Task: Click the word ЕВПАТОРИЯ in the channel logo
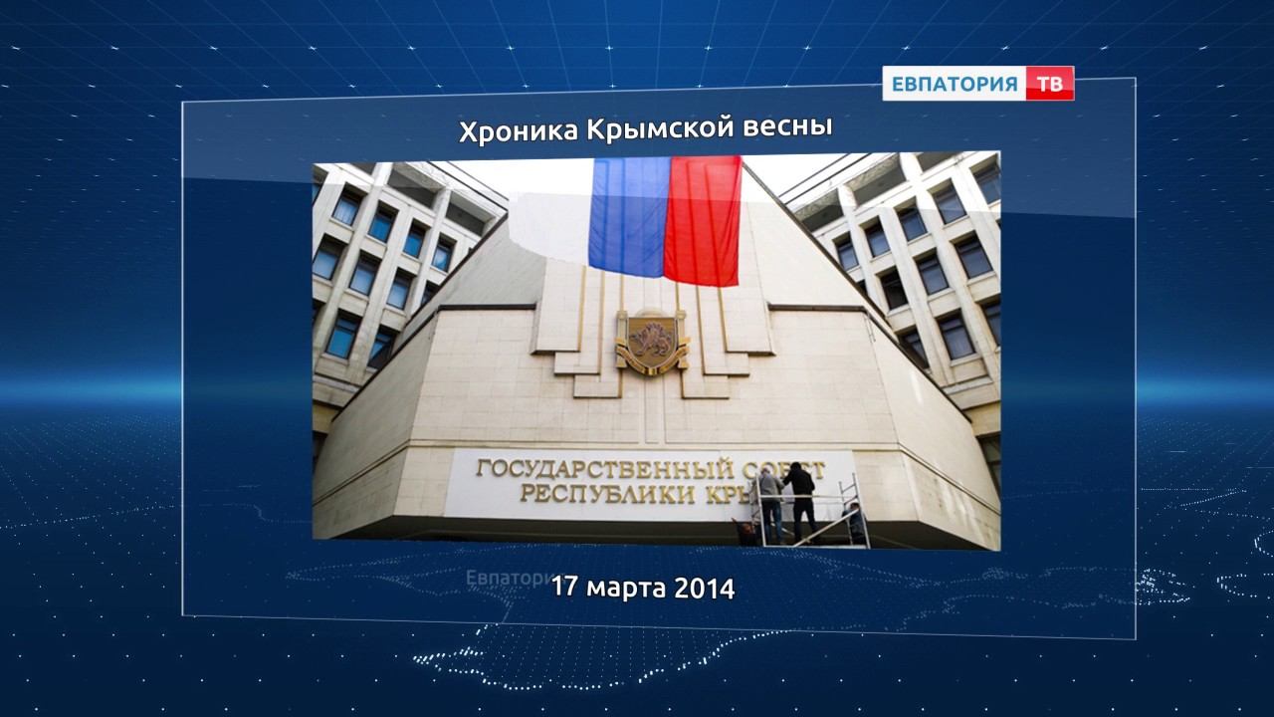pos(954,84)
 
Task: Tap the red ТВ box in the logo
pos(1049,84)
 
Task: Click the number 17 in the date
pos(565,588)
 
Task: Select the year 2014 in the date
pos(705,589)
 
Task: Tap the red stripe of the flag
pos(703,219)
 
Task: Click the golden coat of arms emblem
pos(651,341)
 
